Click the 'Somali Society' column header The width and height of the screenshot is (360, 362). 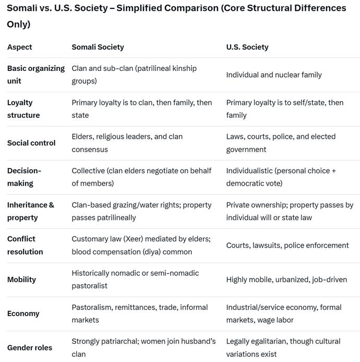[x=98, y=47]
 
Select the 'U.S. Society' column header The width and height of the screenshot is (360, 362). [x=248, y=47]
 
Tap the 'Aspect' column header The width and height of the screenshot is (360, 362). [x=20, y=47]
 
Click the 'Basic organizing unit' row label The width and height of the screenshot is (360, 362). [x=35, y=75]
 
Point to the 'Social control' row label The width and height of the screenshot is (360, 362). [x=31, y=143]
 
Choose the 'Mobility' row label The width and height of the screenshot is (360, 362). [x=21, y=280]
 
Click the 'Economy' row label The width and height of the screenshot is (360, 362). [x=23, y=313]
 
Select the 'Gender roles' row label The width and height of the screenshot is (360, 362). [x=30, y=347]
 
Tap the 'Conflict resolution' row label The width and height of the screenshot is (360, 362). [x=25, y=245]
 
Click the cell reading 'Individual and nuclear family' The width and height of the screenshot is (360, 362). [x=274, y=75]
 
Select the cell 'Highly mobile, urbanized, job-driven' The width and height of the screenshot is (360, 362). [x=286, y=280]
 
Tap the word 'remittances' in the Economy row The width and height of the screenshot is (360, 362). [x=138, y=307]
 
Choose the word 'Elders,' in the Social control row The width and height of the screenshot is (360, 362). [x=84, y=137]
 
